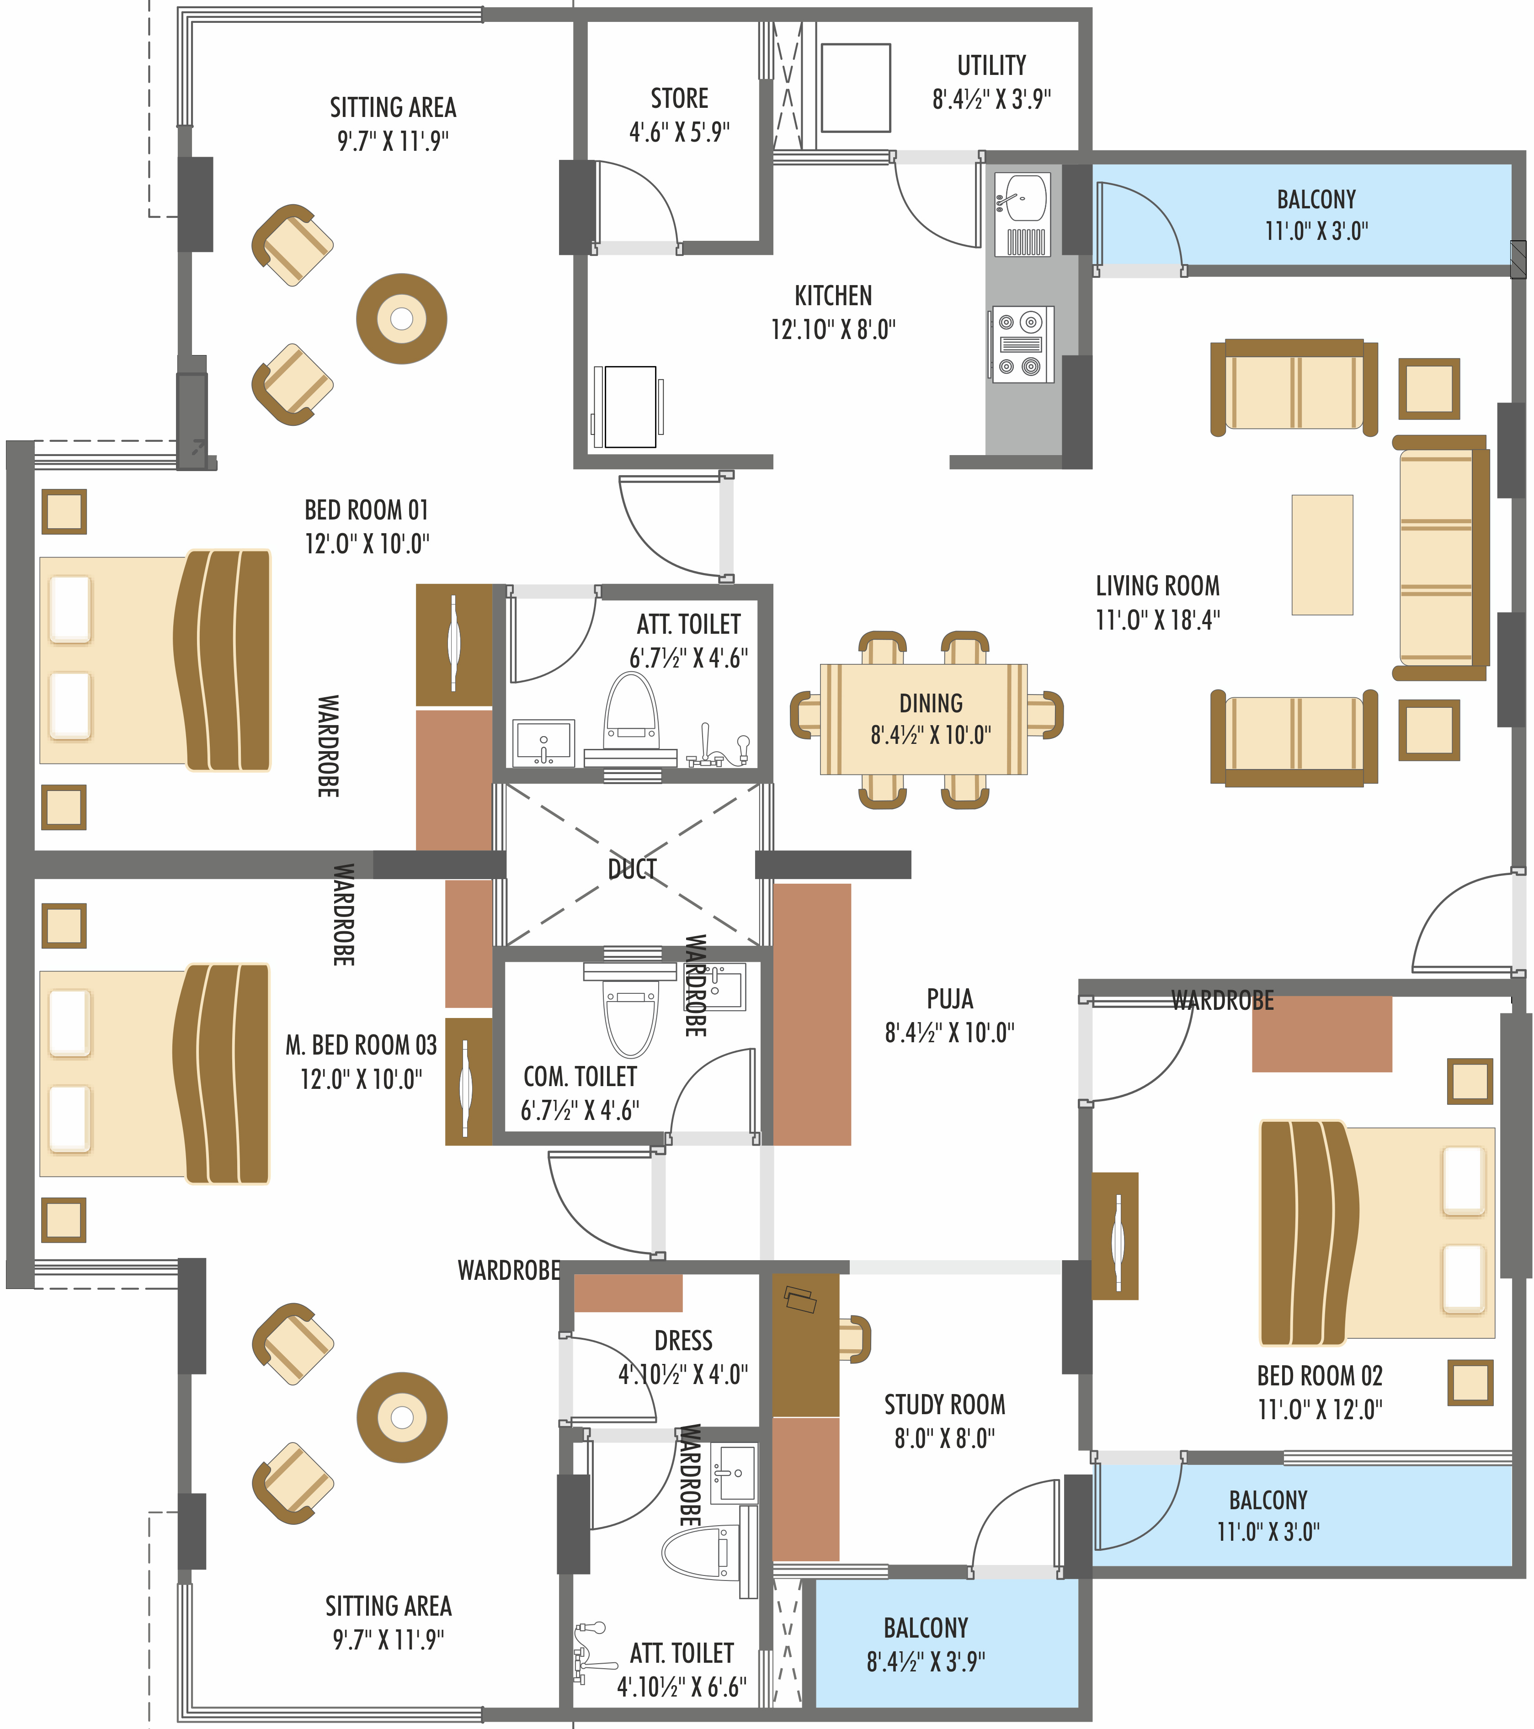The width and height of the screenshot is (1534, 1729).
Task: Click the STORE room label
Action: point(679,98)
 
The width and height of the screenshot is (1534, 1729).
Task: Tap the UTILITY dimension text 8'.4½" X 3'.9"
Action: point(991,99)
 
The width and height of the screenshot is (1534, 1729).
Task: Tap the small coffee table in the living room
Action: point(1321,554)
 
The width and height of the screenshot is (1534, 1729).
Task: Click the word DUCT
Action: point(632,869)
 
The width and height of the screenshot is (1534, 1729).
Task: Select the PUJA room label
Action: point(949,999)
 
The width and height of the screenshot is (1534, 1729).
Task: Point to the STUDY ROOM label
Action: point(944,1404)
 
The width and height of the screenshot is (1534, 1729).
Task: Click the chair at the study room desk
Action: point(856,1339)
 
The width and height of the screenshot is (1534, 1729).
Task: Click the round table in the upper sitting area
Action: point(401,319)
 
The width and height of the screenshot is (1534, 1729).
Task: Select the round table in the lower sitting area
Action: point(402,1417)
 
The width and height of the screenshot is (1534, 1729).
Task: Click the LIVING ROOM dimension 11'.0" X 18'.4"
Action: point(1157,619)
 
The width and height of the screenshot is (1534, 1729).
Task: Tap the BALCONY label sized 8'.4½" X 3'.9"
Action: point(926,1628)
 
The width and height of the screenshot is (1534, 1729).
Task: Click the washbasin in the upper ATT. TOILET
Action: point(543,743)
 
